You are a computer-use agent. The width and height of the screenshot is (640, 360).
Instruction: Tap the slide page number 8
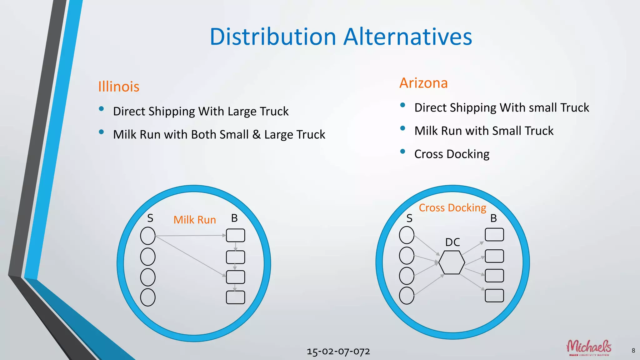(633, 351)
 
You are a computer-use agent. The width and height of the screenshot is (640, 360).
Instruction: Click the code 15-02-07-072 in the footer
(338, 352)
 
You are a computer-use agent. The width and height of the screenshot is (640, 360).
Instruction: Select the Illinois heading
(119, 87)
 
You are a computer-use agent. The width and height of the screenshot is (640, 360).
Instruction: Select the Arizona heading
(423, 83)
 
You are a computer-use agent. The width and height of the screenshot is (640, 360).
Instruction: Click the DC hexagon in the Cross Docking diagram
(452, 262)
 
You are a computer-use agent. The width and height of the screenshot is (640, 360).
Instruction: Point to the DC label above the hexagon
(452, 242)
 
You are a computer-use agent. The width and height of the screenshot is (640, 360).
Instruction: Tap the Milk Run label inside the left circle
(195, 220)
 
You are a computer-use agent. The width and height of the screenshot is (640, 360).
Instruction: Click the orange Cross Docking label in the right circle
(452, 208)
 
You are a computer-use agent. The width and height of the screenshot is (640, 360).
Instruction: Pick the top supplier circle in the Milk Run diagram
(148, 236)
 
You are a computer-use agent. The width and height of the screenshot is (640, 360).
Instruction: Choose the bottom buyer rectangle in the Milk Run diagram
(235, 297)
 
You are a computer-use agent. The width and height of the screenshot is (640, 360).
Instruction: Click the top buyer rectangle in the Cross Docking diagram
(494, 235)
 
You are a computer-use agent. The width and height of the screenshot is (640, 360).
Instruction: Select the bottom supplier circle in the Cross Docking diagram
(407, 295)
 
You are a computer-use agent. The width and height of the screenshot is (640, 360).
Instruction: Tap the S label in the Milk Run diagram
(150, 218)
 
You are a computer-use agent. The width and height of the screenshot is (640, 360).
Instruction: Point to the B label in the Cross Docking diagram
(493, 218)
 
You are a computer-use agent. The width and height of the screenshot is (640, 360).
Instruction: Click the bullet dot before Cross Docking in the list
(402, 152)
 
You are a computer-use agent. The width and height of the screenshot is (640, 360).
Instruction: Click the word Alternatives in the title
(407, 37)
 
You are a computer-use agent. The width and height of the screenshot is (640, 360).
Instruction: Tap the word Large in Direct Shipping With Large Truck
(242, 112)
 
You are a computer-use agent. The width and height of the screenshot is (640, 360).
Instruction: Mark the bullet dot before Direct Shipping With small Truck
(402, 105)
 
